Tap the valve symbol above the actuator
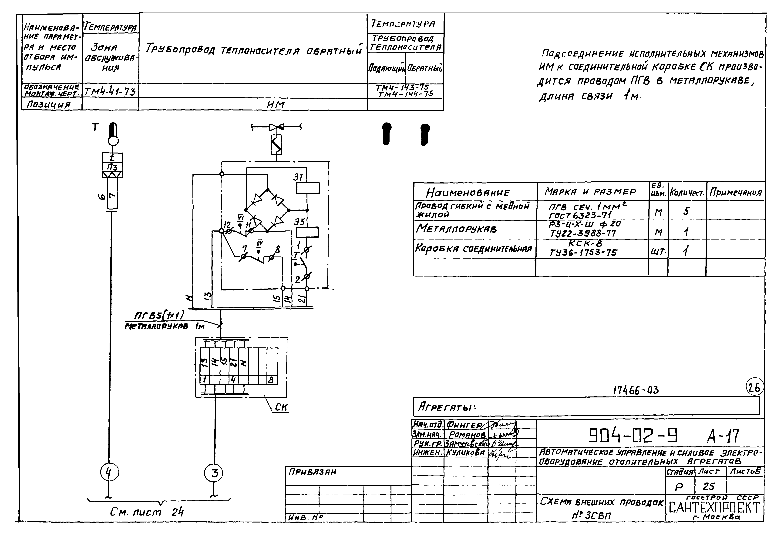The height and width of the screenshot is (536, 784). pos(276,127)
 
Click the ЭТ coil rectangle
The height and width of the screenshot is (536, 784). pos(307,188)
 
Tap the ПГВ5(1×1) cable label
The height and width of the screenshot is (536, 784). pos(159,315)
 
